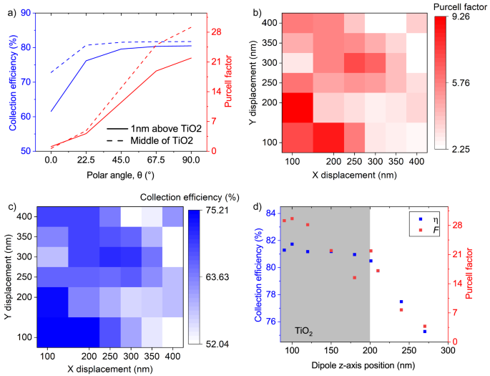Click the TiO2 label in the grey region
click(304, 332)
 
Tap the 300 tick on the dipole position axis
click(448, 353)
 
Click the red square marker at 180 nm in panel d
click(354, 277)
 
